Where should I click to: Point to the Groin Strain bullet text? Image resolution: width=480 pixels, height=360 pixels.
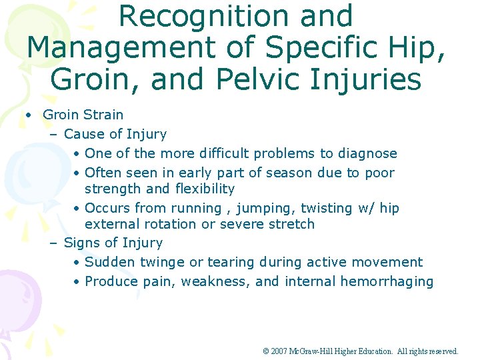pos(83,115)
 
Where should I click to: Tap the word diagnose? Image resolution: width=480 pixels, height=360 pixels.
pos(367,153)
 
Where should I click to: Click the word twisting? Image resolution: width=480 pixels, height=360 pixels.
pos(323,208)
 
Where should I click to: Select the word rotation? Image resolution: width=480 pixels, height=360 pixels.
pos(170,224)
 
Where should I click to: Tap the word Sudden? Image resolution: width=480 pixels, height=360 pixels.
pos(109,262)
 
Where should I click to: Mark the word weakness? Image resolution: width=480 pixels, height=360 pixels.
pos(217,281)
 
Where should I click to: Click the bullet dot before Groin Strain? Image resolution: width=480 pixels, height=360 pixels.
pos(29,115)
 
